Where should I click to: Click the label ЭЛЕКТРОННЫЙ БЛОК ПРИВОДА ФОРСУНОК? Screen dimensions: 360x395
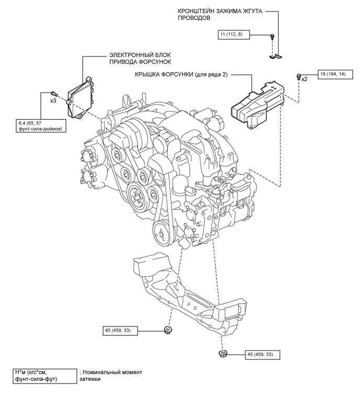tap(140, 58)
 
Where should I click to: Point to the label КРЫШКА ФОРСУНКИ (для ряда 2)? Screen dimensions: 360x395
tap(182, 75)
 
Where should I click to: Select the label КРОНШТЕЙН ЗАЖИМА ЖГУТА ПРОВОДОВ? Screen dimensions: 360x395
tap(220, 15)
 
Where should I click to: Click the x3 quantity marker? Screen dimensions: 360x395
tap(53, 101)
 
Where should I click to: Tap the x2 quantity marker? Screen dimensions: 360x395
tap(305, 79)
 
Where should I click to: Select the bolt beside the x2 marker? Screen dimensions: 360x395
tap(299, 76)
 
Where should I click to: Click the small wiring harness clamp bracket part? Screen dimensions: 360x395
tap(275, 57)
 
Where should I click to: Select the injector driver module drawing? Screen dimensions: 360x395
tap(81, 98)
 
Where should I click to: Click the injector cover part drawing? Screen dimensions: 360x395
tap(257, 104)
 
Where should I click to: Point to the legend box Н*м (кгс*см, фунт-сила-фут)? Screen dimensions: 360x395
tap(45, 376)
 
